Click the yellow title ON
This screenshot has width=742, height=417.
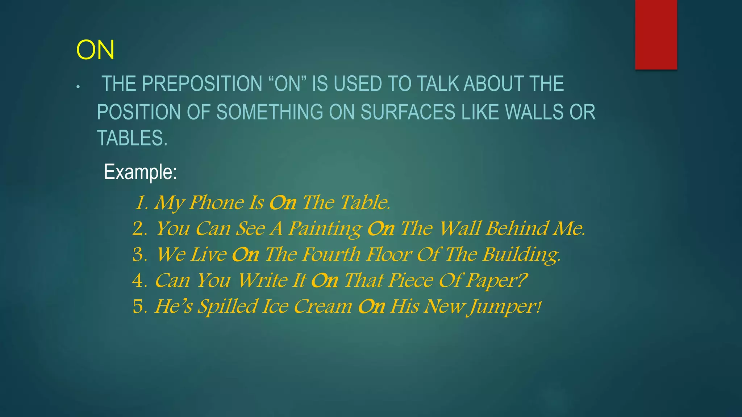point(95,50)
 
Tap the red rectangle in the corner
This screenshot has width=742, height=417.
point(656,34)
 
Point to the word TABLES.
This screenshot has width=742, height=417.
point(132,138)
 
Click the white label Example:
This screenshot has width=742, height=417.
point(140,172)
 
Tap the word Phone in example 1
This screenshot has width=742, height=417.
point(216,202)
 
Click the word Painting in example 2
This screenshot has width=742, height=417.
point(325,229)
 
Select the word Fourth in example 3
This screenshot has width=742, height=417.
point(331,254)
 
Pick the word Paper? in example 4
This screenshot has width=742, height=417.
point(496,281)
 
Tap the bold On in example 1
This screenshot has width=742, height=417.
point(283,202)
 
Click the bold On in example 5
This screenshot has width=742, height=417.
point(371,307)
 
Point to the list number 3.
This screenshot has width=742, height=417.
point(139,254)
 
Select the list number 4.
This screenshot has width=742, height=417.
point(139,281)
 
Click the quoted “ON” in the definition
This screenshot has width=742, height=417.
point(288,84)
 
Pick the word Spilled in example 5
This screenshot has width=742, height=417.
point(228,307)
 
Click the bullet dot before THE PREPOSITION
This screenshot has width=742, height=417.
point(78,87)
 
